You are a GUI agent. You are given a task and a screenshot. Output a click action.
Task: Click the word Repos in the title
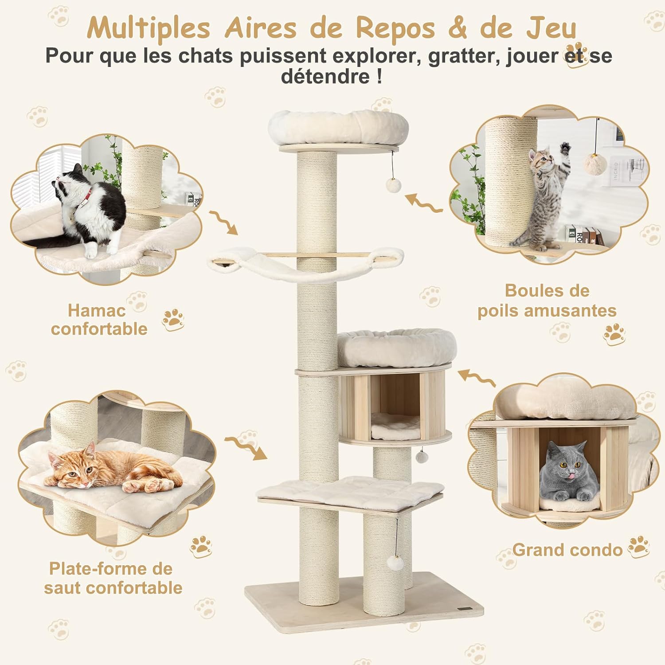[395, 28]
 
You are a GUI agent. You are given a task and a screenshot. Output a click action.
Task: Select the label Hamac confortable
[99, 320]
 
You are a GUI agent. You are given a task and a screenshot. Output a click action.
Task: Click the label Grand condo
[567, 550]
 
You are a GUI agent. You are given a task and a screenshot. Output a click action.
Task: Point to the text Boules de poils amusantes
[547, 301]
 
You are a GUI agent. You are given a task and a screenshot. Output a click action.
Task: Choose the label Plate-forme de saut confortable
[113, 578]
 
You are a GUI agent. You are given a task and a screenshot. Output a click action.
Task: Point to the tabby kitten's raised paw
[564, 148]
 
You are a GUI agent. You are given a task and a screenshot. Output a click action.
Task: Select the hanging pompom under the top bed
[393, 185]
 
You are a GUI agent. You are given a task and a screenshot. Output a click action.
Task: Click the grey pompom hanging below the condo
[421, 456]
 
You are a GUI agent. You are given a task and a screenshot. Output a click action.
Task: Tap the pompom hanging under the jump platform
[395, 563]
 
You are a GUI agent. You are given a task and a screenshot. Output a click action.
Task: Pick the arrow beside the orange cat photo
[246, 447]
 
